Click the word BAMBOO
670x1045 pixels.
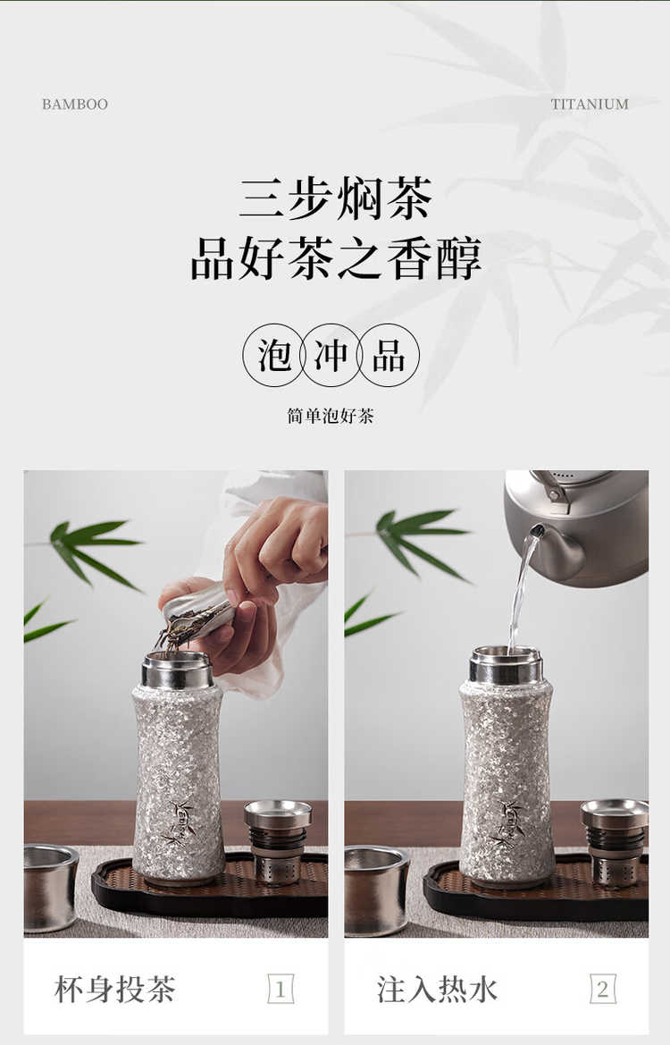click(x=74, y=104)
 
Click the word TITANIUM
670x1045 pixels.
click(x=590, y=104)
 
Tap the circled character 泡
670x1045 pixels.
click(x=274, y=355)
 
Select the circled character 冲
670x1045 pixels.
click(x=331, y=355)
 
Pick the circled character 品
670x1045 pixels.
click(x=389, y=355)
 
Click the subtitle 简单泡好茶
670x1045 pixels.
click(x=331, y=416)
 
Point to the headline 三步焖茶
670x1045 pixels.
click(x=336, y=198)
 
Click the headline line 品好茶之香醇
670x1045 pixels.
click(x=336, y=258)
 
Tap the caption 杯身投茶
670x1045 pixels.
click(x=114, y=989)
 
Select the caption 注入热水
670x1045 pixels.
click(x=437, y=989)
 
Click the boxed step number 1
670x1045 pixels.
click(x=281, y=989)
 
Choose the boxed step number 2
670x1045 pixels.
click(x=603, y=989)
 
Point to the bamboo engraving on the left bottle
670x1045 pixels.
click(x=180, y=820)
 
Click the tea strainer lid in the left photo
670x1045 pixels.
click(x=278, y=842)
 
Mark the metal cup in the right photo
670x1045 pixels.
click(x=376, y=890)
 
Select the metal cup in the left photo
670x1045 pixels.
click(x=51, y=888)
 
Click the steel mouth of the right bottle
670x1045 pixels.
click(x=507, y=664)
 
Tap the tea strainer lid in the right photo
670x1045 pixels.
click(x=614, y=842)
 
